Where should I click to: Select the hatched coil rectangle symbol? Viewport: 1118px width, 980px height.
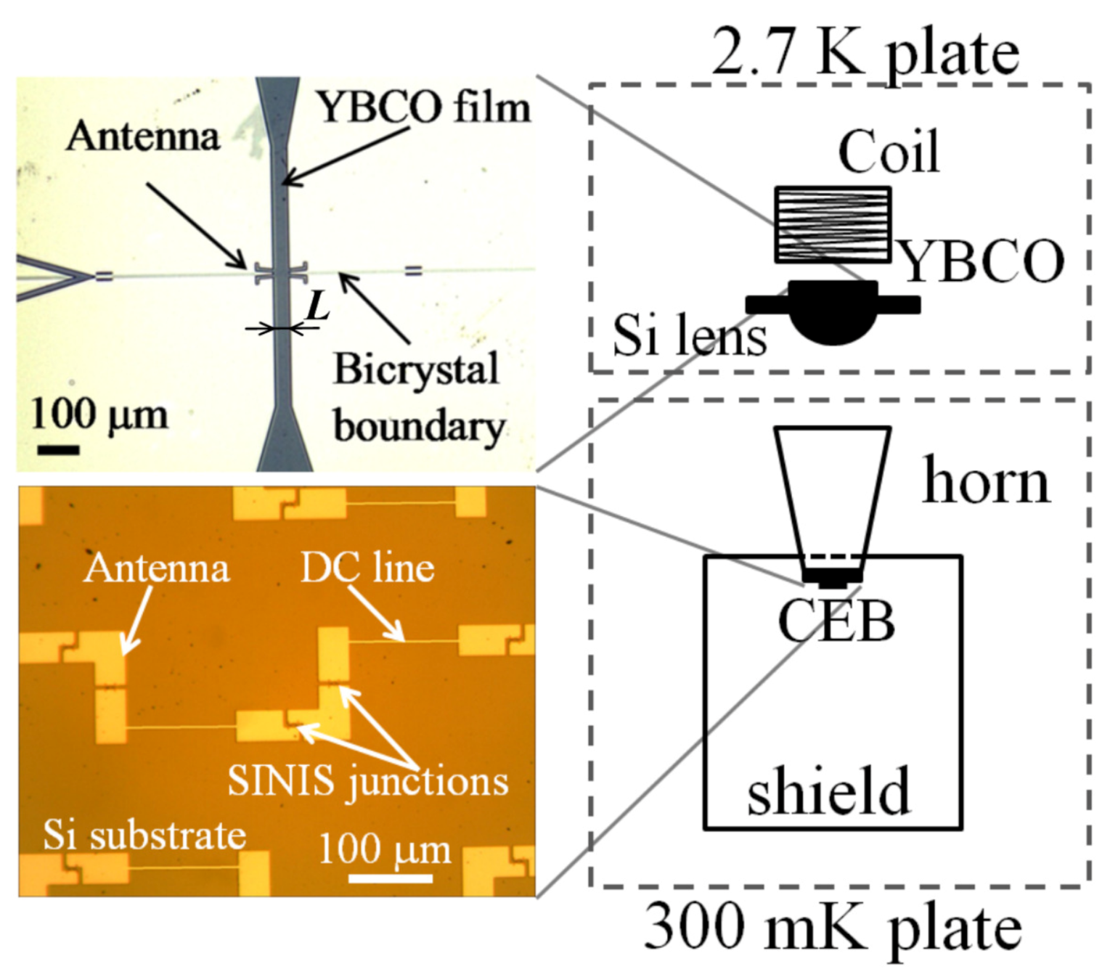point(833,224)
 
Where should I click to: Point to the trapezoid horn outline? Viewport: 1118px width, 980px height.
point(833,494)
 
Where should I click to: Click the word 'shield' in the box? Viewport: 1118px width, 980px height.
point(828,791)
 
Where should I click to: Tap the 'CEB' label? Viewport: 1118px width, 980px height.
point(836,622)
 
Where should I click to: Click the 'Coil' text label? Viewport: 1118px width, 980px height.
point(889,152)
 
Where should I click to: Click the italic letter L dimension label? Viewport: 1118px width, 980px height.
point(317,306)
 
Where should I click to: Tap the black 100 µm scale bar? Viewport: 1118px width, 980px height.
point(58,450)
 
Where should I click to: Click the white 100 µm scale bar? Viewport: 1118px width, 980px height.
point(391,878)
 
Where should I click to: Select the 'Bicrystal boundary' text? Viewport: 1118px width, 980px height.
point(418,397)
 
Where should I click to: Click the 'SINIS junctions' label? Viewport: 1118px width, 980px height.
point(368,781)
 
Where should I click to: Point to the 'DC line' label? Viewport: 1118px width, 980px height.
point(367,568)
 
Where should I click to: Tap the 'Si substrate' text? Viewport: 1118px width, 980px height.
point(144,835)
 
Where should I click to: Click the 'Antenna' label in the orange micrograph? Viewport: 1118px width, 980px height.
point(156,568)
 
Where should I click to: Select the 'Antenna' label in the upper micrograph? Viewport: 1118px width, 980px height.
point(142,136)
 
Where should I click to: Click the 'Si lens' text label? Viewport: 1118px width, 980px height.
point(689,336)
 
